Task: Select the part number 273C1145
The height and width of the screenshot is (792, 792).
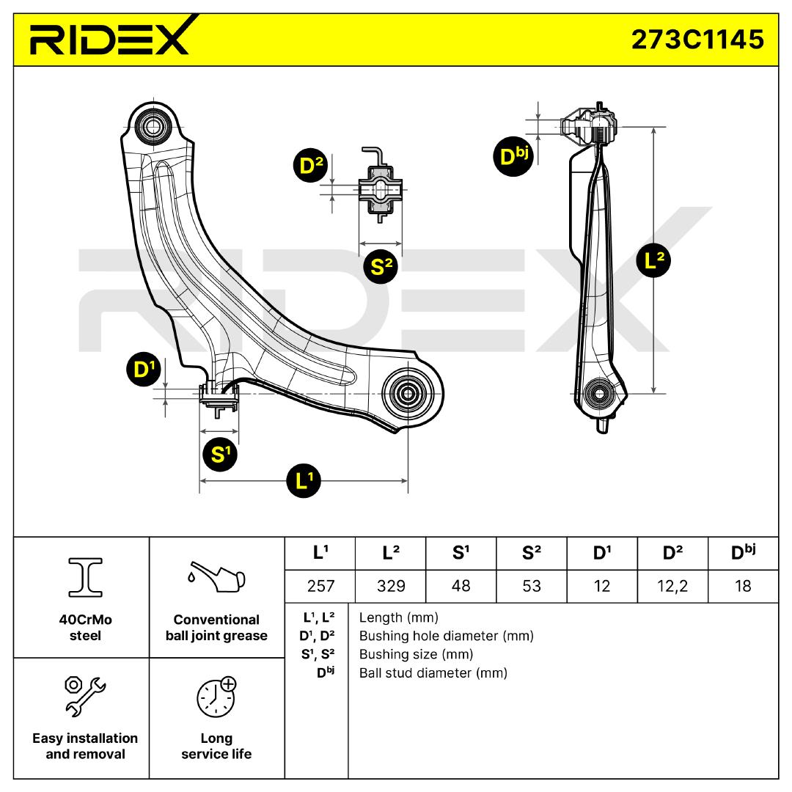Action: point(697,39)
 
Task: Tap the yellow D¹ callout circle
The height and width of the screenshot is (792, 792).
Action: point(142,371)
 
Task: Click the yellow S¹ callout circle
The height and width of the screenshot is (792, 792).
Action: point(220,455)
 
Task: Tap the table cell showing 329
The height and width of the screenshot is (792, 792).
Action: point(390,586)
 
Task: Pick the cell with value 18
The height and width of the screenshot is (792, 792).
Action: point(743,586)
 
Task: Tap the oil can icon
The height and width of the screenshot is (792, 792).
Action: point(216,579)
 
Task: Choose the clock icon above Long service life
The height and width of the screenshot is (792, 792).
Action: point(216,696)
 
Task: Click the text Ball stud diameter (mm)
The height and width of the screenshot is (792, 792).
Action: point(433,672)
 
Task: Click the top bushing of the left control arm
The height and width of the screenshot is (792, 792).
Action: point(153,125)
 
